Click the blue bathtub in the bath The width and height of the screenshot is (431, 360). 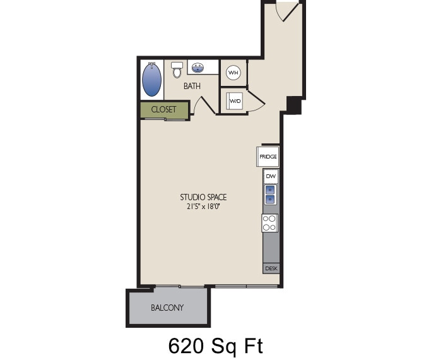point(151,80)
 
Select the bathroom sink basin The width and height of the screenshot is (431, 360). point(198,67)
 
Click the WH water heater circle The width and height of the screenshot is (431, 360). point(233,73)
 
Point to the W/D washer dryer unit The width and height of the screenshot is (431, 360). point(235,100)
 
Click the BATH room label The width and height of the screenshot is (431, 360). point(192,86)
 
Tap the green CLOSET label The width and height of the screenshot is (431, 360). point(163,109)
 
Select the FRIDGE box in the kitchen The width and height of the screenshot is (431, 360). point(268,157)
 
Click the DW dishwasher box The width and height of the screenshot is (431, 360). point(270,176)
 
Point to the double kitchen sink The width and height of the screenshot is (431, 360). point(270,195)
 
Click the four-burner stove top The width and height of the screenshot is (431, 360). point(269,222)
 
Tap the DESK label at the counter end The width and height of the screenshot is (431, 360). point(271,268)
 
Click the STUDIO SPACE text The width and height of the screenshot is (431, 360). point(203,197)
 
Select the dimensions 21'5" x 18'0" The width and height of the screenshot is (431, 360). point(203,206)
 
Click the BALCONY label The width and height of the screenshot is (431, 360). point(167,308)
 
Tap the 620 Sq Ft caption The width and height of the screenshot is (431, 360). point(215,345)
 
